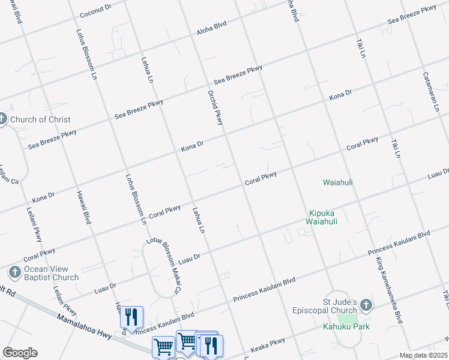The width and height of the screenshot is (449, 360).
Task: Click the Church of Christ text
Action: point(40,119)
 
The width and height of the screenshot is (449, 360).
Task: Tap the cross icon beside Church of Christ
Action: point(2,119)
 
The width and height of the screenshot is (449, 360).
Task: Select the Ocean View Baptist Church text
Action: point(51,274)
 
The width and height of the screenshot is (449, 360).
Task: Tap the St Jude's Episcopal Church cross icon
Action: point(367,306)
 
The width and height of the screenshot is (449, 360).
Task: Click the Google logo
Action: point(20,353)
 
